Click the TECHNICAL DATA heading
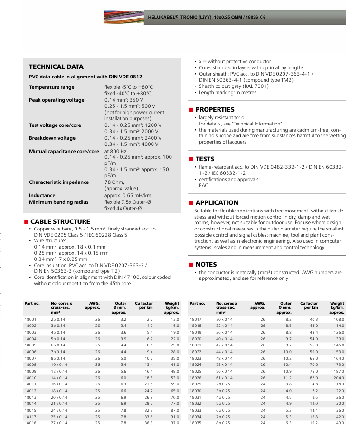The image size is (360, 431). tap(56, 67)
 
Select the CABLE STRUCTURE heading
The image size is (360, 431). tap(60, 221)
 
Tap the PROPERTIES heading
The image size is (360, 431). tap(215, 110)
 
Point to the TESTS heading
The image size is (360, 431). tap(205, 159)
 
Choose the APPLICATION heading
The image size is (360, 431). tap(217, 202)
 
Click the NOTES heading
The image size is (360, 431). tap(206, 264)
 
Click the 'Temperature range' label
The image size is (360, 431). tap(51, 87)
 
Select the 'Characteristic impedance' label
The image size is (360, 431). tap(58, 182)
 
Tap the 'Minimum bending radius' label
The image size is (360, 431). tap(58, 202)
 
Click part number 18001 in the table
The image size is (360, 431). tap(30, 320)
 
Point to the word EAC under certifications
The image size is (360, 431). tap(203, 186)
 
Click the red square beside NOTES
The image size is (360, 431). tap(191, 265)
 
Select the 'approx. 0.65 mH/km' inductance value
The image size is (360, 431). tap(127, 196)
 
